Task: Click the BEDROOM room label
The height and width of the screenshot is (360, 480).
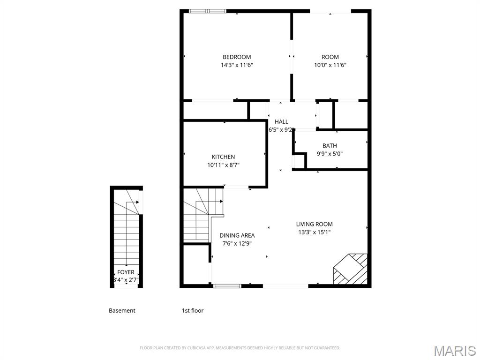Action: pyautogui.click(x=237, y=57)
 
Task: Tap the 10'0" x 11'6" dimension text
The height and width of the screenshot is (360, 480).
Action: pyautogui.click(x=330, y=65)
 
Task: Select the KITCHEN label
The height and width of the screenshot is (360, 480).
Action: pyautogui.click(x=223, y=157)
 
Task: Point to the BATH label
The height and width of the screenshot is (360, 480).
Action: pyautogui.click(x=330, y=146)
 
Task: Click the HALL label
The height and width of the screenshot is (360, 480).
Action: pyautogui.click(x=281, y=122)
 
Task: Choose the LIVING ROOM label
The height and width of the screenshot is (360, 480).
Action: pyautogui.click(x=314, y=224)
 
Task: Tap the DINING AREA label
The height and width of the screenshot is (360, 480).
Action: pyautogui.click(x=237, y=235)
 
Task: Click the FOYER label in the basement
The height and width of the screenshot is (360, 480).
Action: pyautogui.click(x=126, y=272)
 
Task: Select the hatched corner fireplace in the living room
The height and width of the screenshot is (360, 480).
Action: pyautogui.click(x=351, y=270)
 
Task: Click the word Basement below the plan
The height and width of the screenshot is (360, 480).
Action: pyautogui.click(x=122, y=310)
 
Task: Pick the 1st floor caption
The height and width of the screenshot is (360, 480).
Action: pyautogui.click(x=193, y=310)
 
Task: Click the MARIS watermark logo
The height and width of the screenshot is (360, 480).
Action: pyautogui.click(x=454, y=351)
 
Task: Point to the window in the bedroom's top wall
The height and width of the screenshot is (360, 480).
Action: pyautogui.click(x=207, y=11)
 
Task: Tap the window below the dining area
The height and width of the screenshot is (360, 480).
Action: pyautogui.click(x=227, y=285)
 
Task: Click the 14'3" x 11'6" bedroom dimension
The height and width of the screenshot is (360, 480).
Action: pyautogui.click(x=237, y=65)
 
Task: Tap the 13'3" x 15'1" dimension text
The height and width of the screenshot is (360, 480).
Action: pyautogui.click(x=314, y=232)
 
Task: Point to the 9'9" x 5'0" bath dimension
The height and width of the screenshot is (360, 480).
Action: pyautogui.click(x=330, y=153)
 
